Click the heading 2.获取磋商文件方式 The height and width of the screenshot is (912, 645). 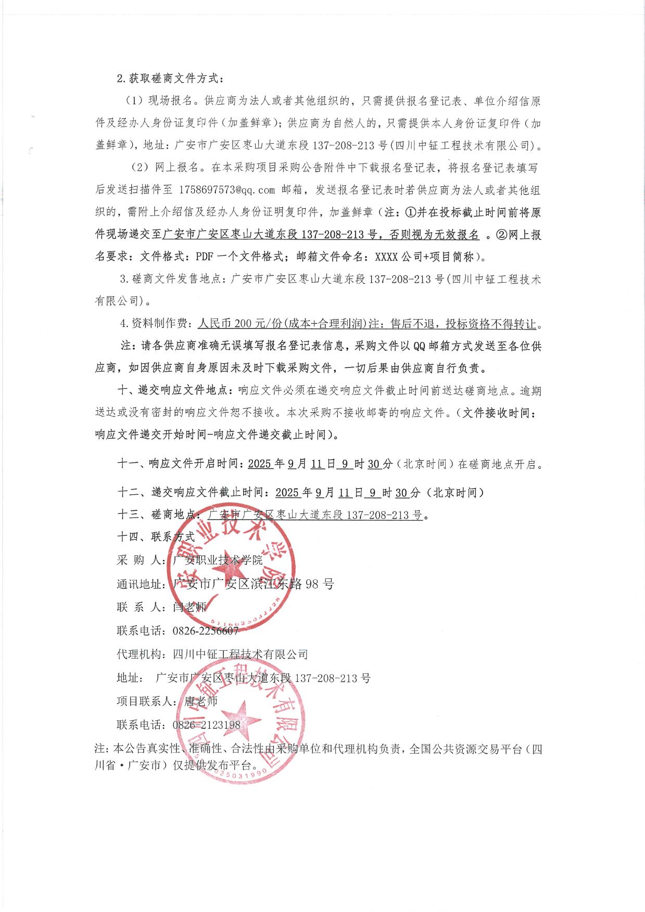[170, 79]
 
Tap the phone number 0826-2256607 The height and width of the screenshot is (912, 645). [205, 631]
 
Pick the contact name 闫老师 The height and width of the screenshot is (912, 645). [190, 607]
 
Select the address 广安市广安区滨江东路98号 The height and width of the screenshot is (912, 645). [253, 584]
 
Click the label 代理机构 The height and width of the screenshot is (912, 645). [139, 654]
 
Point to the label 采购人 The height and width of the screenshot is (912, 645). [138, 561]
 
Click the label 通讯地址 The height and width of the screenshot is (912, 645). [138, 584]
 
